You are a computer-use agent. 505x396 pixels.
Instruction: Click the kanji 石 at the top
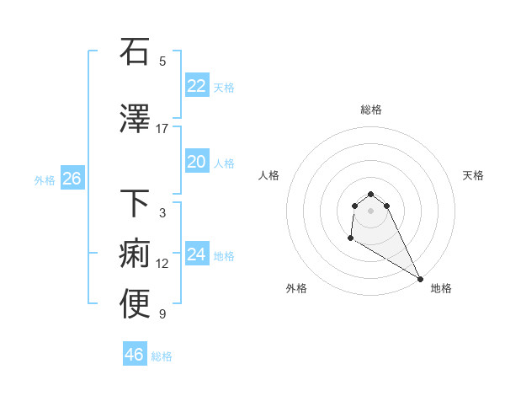(x=136, y=51)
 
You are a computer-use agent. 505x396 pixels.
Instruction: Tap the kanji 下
(x=136, y=203)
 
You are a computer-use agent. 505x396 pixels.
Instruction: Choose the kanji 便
(x=136, y=304)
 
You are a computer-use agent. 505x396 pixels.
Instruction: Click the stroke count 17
(x=162, y=129)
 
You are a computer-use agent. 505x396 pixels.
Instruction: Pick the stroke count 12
(x=162, y=264)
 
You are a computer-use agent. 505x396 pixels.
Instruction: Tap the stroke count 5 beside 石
(x=162, y=62)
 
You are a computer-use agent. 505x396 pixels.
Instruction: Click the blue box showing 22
(x=196, y=86)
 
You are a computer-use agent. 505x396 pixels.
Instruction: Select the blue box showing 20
(x=196, y=162)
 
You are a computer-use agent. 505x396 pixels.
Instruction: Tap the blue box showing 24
(x=196, y=254)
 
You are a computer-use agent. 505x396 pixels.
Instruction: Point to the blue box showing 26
(x=72, y=179)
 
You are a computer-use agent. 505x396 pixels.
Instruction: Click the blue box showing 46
(x=134, y=355)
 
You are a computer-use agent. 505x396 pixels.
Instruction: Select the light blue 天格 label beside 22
(x=224, y=88)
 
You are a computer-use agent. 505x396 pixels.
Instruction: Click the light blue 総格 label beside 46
(x=162, y=356)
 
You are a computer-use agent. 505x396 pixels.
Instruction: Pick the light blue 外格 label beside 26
(x=45, y=180)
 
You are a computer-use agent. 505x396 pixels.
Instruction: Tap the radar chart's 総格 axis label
(x=370, y=110)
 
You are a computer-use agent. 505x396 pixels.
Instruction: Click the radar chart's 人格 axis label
(x=268, y=175)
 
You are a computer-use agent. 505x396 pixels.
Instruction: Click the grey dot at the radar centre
(x=370, y=210)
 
